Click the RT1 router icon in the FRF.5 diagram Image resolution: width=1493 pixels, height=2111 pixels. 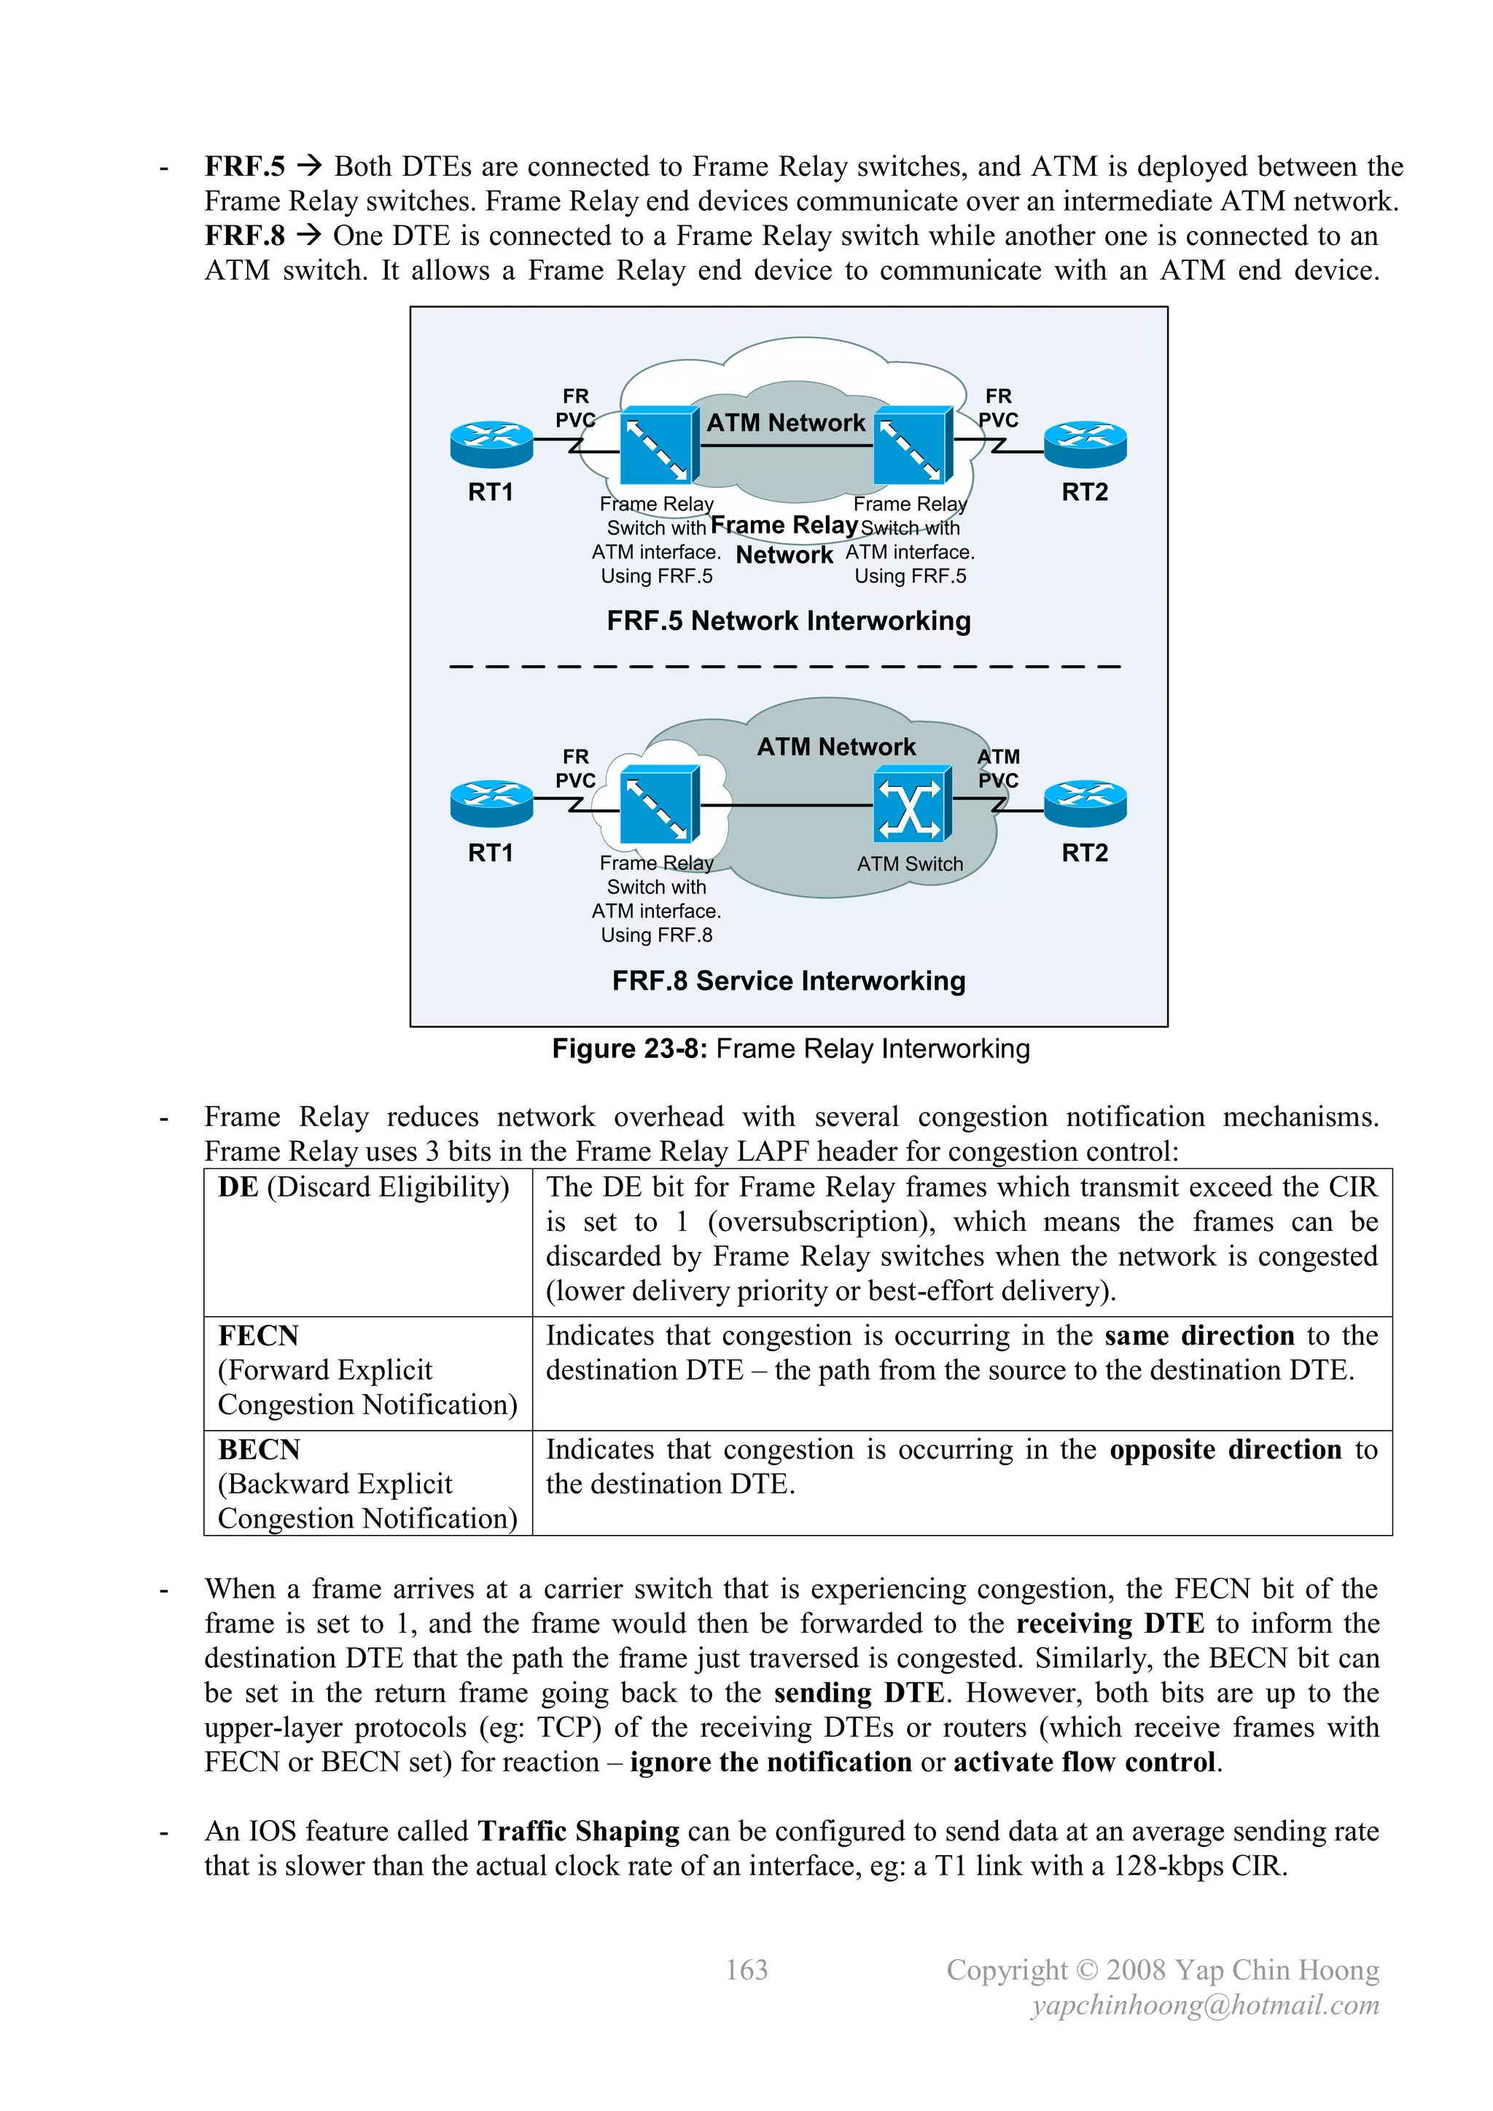coord(492,444)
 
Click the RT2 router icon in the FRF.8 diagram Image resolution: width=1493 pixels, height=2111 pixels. coord(1085,804)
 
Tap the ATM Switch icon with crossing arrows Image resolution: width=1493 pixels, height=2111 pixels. coord(910,806)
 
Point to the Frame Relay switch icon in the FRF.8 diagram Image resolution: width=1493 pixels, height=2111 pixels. coord(658,806)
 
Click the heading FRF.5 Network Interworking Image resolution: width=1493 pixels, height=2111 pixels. coord(788,621)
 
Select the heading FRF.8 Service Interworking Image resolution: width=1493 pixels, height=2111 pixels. coord(788,981)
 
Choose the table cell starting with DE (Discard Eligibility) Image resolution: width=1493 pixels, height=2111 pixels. coord(363,1187)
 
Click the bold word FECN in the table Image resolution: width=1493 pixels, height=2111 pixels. coord(258,1335)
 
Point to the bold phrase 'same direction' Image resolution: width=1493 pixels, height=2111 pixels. coord(1198,1335)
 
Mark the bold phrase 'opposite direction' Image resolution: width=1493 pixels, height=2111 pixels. coord(1225,1449)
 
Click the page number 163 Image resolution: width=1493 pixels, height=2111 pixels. coord(746,1970)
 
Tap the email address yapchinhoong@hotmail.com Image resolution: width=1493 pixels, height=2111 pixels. coord(1204,2005)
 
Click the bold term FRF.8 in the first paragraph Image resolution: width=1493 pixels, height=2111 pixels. coord(244,236)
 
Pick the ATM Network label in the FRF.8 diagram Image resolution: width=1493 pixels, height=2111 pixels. coord(835,747)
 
